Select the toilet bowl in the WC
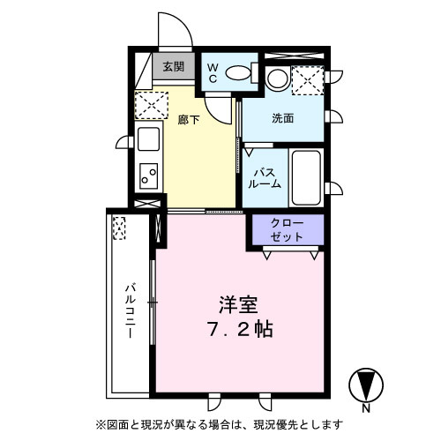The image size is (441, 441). click(239, 72)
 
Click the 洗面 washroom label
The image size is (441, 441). click(282, 118)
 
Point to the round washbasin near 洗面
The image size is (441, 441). click(276, 79)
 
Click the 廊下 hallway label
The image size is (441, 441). click(189, 120)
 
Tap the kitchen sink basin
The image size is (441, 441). click(147, 139)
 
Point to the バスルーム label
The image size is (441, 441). click(265, 176)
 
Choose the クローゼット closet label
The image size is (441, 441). click(287, 230)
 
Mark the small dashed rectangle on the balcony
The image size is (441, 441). click(118, 229)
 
